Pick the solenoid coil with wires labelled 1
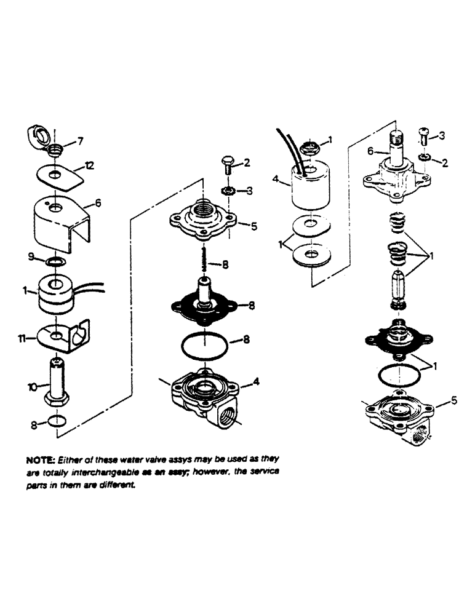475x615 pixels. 58,292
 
